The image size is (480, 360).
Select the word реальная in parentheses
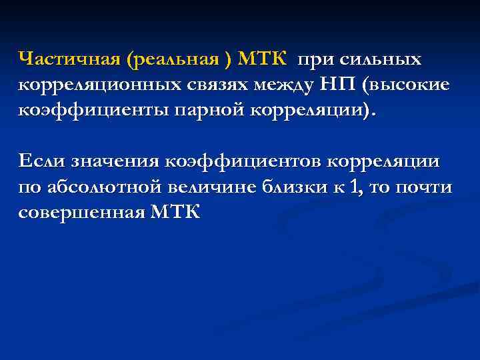(179, 59)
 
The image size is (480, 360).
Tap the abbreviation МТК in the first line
(261, 59)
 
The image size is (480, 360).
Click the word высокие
(407, 85)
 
